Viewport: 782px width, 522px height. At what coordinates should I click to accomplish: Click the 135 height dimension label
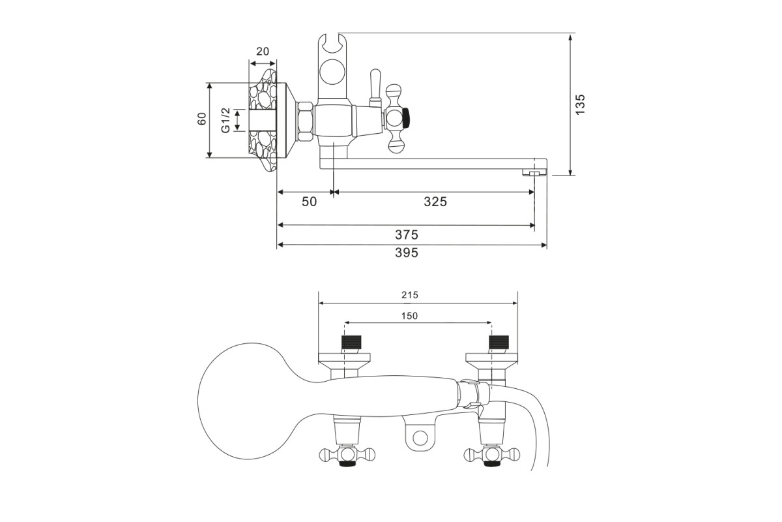tap(579, 104)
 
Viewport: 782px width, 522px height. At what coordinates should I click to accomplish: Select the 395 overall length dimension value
tap(407, 253)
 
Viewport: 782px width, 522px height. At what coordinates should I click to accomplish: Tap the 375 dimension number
tap(407, 235)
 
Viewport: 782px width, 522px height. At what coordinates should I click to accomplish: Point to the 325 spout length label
tap(435, 202)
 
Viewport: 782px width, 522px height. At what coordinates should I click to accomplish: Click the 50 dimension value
tap(309, 202)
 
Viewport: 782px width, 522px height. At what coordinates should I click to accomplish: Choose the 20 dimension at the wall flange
tap(263, 52)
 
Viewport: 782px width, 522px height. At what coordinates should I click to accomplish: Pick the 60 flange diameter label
tap(202, 119)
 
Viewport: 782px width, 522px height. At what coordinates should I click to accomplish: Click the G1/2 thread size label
tap(225, 120)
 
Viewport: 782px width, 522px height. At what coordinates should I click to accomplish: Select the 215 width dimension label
tap(409, 295)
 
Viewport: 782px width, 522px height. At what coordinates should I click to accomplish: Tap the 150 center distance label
tap(409, 316)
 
